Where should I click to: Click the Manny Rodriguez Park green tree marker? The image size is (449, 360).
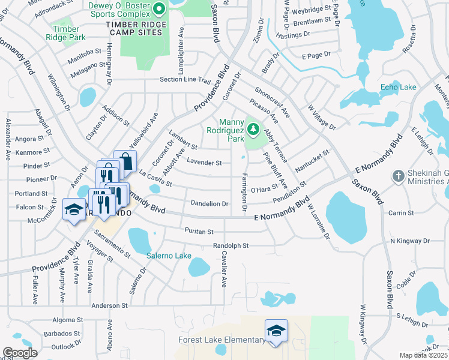(x=253, y=129)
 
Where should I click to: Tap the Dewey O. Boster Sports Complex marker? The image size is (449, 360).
(x=159, y=8)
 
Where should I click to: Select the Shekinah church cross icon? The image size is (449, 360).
(x=397, y=176)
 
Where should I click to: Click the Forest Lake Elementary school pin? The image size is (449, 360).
(x=276, y=331)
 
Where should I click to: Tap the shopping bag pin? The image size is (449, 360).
(x=125, y=161)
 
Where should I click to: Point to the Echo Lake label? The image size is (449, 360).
(x=398, y=88)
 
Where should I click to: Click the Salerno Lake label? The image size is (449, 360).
(x=169, y=256)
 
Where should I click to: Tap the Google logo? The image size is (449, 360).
(x=20, y=353)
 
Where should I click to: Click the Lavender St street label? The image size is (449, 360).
(x=204, y=162)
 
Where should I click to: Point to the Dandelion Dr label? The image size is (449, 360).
(x=209, y=203)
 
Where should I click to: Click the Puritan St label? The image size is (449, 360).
(x=198, y=231)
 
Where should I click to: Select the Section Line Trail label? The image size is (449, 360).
(x=185, y=80)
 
